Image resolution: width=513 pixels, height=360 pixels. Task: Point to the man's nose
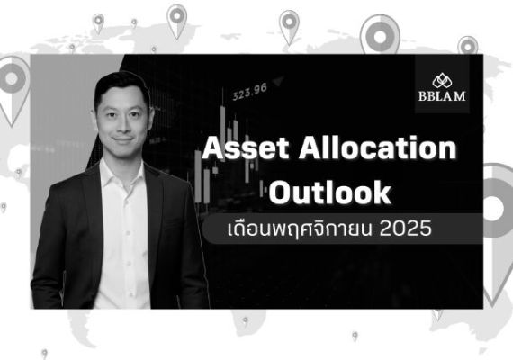point(122,120)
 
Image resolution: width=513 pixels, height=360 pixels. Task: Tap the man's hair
point(119,83)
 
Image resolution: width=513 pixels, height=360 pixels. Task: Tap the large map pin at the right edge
point(498,198)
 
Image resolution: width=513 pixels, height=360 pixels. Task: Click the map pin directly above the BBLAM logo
point(467,44)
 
